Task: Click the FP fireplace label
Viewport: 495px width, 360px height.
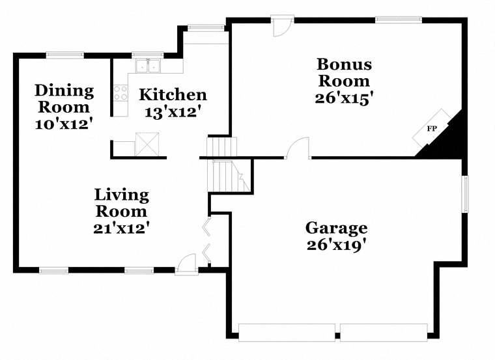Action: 432,128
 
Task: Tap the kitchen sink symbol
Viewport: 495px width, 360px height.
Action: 148,66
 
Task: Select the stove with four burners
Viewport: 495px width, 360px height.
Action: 120,92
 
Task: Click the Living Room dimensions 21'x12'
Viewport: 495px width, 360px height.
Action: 121,228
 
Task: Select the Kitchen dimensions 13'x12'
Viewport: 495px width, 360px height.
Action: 173,112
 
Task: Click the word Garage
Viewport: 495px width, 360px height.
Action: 337,228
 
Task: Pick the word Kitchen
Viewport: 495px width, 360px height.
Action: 173,94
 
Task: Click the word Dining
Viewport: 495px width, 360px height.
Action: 64,91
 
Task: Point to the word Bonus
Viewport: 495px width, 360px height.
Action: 345,64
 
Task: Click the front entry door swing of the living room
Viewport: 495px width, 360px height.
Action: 187,263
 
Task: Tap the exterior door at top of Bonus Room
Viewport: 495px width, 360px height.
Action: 282,27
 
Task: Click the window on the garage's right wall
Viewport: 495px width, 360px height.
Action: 465,194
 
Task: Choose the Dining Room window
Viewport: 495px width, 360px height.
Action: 65,55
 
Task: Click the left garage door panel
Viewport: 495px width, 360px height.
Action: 287,332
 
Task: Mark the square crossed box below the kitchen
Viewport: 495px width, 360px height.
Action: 147,144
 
